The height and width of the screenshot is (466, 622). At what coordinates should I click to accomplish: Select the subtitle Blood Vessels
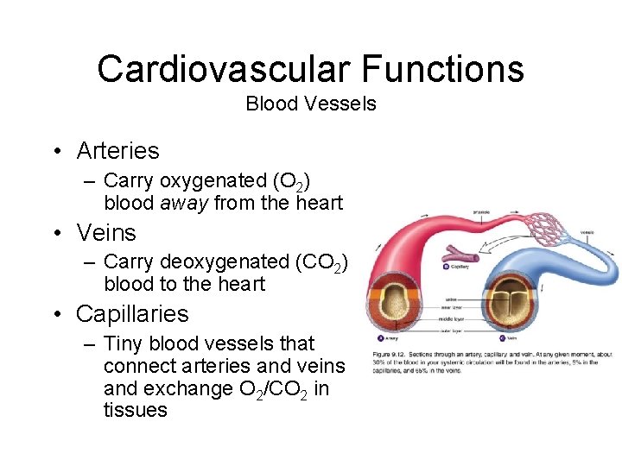pos(311,104)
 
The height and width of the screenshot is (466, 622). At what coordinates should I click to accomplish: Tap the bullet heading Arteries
pos(117,151)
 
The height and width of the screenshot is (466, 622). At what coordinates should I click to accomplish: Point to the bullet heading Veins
pos(106,233)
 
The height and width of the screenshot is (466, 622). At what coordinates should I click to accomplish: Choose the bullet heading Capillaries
pos(132,314)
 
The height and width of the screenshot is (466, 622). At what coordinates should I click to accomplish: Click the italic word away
pos(185,204)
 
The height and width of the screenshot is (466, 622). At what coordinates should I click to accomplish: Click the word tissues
pos(135,411)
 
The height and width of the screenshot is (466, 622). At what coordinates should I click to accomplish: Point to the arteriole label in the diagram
pos(482,211)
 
